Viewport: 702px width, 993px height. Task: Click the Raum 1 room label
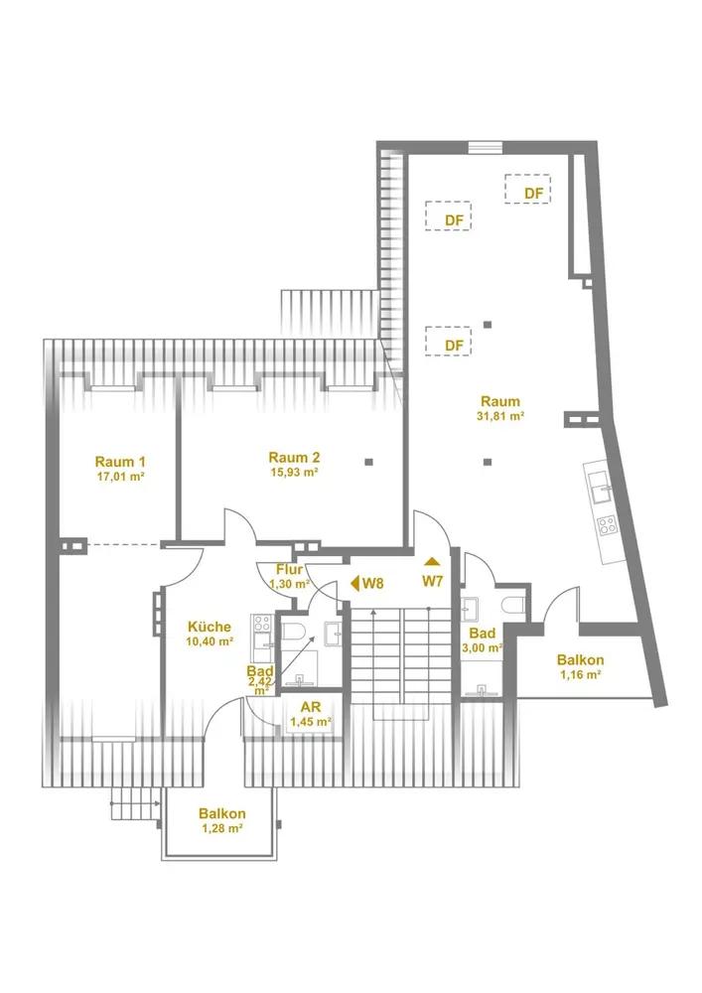coord(120,462)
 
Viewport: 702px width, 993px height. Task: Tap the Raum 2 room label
coord(294,457)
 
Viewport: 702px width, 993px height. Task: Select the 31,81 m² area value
coord(500,417)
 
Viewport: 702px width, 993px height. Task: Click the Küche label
coord(210,627)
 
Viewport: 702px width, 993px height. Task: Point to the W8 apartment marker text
coord(372,583)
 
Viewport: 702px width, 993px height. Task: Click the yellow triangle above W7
coord(432,561)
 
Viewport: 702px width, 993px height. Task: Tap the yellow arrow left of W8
coord(354,583)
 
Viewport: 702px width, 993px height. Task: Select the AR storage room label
coord(311,707)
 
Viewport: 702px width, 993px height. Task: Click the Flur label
coord(289,570)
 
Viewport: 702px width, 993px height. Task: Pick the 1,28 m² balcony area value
coord(222,828)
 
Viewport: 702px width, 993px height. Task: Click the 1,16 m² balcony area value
coord(581,675)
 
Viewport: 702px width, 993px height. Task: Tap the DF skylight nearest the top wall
coord(528,189)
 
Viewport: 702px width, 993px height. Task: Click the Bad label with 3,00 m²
coord(483,634)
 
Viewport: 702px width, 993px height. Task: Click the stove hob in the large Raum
coord(608,524)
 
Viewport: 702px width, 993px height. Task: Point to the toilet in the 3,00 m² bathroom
coord(511,605)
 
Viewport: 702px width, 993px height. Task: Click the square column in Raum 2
coord(369,462)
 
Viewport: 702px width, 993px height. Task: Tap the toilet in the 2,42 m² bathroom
coord(293,632)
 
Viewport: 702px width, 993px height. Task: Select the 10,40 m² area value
coord(210,641)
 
